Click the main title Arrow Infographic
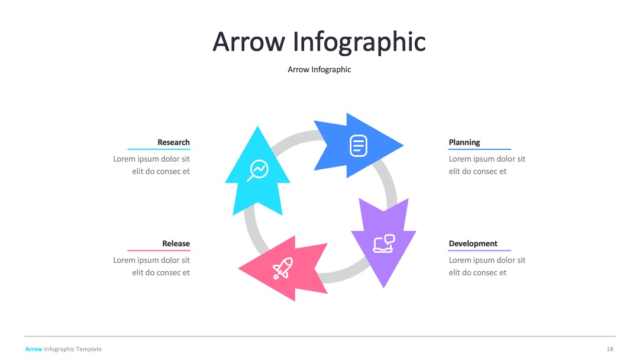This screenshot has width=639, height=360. point(319,42)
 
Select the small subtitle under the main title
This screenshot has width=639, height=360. point(319,70)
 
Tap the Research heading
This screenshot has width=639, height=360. point(173,142)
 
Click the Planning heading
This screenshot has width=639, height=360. point(464,142)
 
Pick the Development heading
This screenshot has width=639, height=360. point(473,243)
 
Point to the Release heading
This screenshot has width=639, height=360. point(176,243)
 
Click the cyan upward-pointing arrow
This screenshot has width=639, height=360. point(257,171)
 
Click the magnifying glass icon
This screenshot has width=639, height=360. point(257,171)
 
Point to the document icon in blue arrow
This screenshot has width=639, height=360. point(359,146)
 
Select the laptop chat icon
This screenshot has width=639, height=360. point(384,243)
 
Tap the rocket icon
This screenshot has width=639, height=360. point(283,268)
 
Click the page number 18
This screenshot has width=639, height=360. point(609,349)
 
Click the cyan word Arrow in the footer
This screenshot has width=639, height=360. point(34,349)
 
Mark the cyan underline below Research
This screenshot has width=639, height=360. point(159,149)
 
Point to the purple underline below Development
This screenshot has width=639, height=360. point(480,250)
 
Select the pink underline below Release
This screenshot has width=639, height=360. point(159,250)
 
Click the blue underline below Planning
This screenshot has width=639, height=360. point(480,149)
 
